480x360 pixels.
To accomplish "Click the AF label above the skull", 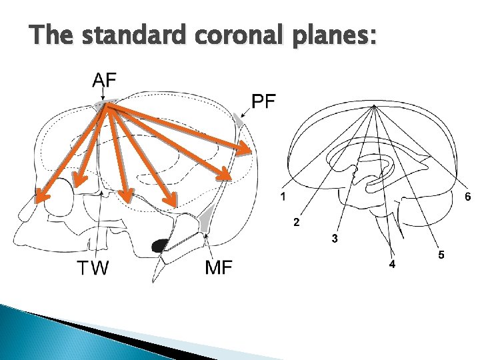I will (x=104, y=79).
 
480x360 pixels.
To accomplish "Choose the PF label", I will (x=263, y=101).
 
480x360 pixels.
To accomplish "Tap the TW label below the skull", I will (x=93, y=268).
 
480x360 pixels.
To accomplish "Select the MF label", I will (x=218, y=268).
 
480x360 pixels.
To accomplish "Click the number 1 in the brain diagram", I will (x=283, y=197).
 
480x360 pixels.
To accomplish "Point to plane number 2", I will (x=297, y=222).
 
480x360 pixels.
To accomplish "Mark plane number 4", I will (x=392, y=265).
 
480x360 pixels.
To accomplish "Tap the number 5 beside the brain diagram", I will (x=441, y=255).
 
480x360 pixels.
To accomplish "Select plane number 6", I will (x=468, y=197).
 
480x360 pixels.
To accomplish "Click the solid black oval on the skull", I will (x=159, y=246).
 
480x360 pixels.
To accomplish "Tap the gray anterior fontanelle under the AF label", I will (x=105, y=105).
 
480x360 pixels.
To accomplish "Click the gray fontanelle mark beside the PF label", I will (x=239, y=121).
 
